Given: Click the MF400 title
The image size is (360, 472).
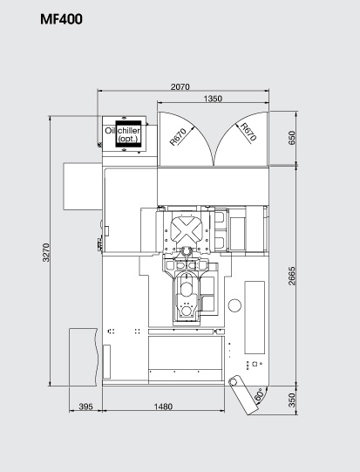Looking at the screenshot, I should [x=62, y=18].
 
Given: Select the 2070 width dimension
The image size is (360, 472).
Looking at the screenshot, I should [x=182, y=86].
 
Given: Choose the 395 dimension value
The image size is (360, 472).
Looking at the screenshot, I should [x=86, y=407].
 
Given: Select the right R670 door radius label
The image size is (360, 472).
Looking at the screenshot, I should [x=248, y=133].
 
